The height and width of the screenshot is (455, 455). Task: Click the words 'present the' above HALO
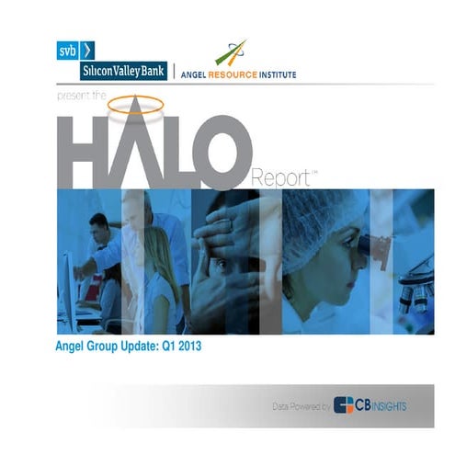click(x=84, y=95)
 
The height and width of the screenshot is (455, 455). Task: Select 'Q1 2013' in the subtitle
click(x=178, y=347)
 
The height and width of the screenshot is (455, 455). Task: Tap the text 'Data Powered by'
click(x=301, y=404)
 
